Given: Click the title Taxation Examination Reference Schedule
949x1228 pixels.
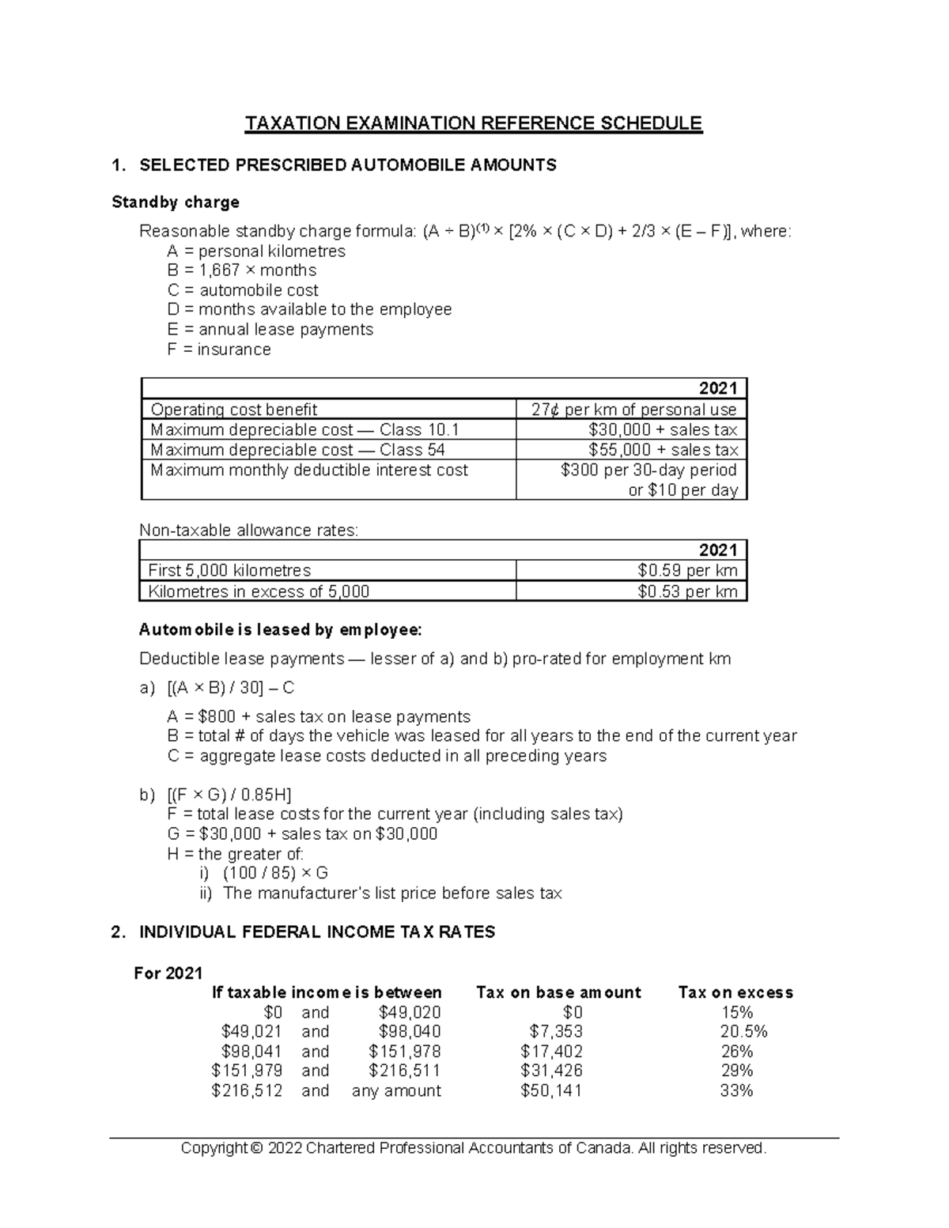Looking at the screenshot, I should (473, 124).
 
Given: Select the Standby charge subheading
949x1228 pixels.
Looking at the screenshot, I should (176, 202).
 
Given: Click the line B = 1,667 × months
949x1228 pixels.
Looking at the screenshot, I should (241, 270).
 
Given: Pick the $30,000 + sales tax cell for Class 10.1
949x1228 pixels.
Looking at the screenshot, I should (663, 429).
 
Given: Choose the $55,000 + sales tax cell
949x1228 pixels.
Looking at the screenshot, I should (663, 450).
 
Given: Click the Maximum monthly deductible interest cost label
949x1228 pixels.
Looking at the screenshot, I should (309, 470).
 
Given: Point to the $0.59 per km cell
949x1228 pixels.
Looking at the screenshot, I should (687, 571).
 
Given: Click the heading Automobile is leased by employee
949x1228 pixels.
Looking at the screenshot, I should (281, 630).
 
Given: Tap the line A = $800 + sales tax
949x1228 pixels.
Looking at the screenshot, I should (319, 717).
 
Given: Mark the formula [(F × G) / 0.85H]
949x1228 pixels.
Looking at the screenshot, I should (229, 795).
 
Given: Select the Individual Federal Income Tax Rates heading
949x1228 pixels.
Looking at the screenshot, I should (317, 932).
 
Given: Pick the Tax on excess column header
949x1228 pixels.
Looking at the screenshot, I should (735, 993).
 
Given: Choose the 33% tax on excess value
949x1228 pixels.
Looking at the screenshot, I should (737, 1091).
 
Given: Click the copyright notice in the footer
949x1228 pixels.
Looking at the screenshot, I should (474, 1148).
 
